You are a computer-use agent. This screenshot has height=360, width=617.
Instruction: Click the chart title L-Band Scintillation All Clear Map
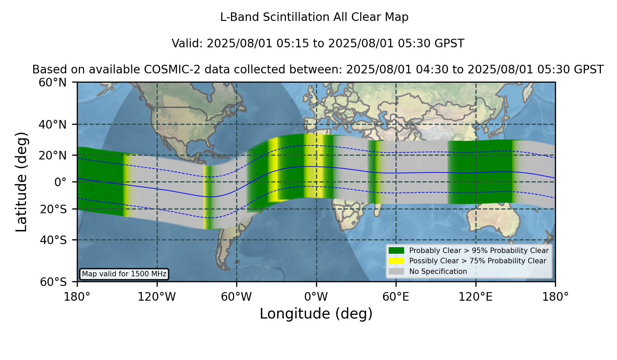click(x=314, y=17)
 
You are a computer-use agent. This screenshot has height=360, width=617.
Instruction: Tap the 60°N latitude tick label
click(x=53, y=82)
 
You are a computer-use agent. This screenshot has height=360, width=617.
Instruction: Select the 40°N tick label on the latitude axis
click(x=53, y=124)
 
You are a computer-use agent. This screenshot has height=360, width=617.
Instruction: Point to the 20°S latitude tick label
click(x=53, y=209)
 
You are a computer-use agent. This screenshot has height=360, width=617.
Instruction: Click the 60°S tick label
click(x=53, y=282)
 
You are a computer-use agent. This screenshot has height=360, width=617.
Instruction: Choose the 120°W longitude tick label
click(x=157, y=297)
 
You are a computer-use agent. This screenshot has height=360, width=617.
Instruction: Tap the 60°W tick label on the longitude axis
click(x=237, y=297)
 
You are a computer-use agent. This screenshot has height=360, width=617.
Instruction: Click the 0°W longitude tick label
click(x=316, y=297)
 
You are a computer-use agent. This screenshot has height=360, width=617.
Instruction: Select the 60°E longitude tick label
click(x=396, y=297)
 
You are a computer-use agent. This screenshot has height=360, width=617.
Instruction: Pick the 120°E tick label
click(x=475, y=297)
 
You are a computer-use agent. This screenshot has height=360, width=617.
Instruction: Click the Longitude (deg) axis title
click(x=316, y=314)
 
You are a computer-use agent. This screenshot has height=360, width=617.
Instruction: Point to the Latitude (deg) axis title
click(x=21, y=182)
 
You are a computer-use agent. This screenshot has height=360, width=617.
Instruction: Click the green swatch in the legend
click(x=396, y=251)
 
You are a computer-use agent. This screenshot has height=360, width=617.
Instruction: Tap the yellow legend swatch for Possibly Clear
click(x=396, y=261)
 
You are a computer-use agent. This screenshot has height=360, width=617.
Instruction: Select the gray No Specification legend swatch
click(x=396, y=272)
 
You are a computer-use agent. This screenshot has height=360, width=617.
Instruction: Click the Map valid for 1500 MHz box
click(x=124, y=274)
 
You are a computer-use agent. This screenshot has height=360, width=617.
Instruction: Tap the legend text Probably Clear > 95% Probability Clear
click(x=479, y=251)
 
